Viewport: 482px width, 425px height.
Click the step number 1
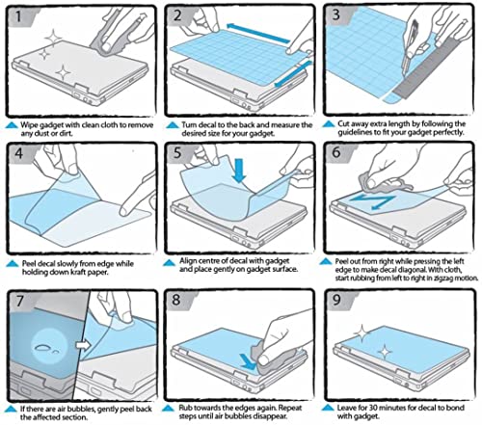point(18,16)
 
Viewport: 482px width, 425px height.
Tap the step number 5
point(177,153)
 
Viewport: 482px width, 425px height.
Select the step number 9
point(336,300)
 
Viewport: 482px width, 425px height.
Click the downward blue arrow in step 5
point(239,170)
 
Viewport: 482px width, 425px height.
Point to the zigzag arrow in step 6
point(373,202)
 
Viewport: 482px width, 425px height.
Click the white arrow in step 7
point(83,345)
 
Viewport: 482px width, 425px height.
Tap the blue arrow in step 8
point(248,360)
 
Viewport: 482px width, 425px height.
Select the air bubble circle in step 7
point(47,347)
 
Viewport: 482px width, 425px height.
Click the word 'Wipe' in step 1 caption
point(29,125)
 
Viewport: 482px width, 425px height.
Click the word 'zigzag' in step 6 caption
point(444,279)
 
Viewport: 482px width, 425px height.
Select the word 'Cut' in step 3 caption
point(343,123)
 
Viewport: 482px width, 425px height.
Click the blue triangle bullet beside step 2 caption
point(173,125)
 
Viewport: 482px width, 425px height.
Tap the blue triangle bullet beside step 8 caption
point(169,409)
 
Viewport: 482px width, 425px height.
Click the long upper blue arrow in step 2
point(258,33)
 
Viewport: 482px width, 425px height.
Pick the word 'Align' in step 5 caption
point(188,261)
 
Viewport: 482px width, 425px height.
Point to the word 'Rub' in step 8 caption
point(185,408)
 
